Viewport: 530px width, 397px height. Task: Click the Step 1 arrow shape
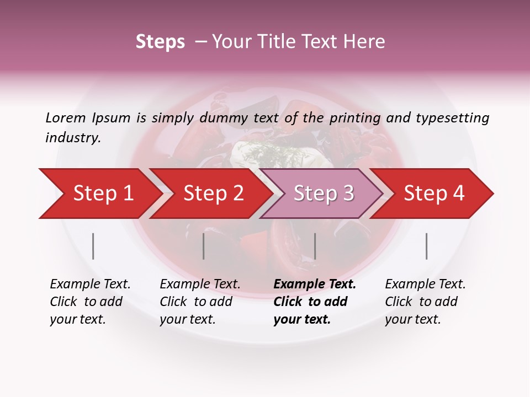coord(99,193)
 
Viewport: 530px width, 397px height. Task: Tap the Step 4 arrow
coord(433,193)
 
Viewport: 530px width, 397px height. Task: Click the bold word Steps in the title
coord(160,42)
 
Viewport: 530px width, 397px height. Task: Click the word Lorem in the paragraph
coord(66,117)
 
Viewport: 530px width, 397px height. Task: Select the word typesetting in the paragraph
coord(452,117)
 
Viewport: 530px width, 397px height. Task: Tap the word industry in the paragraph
coord(73,138)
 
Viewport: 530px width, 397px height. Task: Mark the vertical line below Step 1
coord(93,246)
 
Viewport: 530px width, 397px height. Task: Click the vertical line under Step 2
coord(204,246)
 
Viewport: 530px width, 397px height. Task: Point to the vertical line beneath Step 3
coord(315,246)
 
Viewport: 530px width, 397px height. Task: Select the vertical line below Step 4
coord(426,246)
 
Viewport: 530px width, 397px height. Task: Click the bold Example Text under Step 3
coord(315,284)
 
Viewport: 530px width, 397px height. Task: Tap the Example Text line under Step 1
coord(90,284)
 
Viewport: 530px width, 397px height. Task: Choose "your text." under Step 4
coord(413,319)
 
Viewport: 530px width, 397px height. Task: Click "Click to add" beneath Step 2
coord(196,302)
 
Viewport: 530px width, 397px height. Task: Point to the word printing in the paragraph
coord(354,117)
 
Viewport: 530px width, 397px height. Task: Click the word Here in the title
coord(364,42)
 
